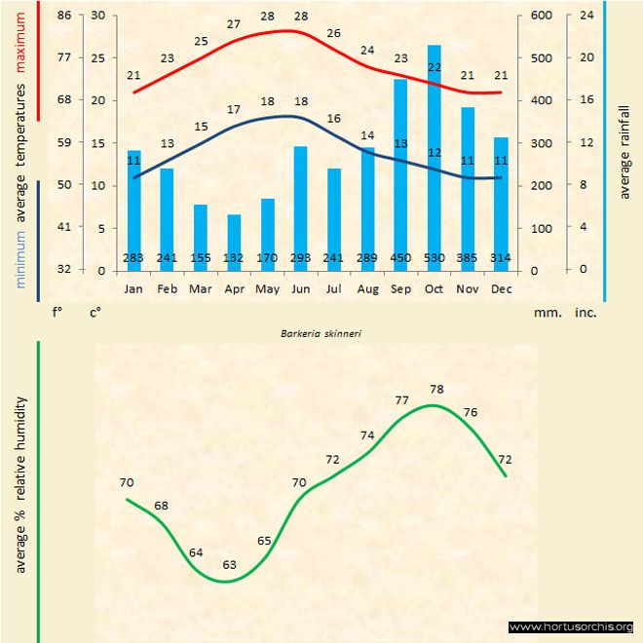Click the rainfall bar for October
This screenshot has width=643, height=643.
coord(435,156)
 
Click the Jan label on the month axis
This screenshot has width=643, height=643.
coord(133,289)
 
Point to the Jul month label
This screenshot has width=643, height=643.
coord(334,289)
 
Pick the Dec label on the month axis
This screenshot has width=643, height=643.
coord(502,289)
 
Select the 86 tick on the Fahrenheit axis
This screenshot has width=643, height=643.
coord(64,16)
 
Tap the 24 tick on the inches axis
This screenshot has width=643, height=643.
coord(586,16)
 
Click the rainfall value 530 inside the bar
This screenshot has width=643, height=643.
coord(435,258)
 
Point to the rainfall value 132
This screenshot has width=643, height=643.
coord(234,258)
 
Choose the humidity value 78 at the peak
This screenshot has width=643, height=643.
coord(436,390)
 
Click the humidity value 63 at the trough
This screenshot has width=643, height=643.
coord(230,564)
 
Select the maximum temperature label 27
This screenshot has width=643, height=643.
coord(234,24)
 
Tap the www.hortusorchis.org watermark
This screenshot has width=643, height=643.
coord(571,626)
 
